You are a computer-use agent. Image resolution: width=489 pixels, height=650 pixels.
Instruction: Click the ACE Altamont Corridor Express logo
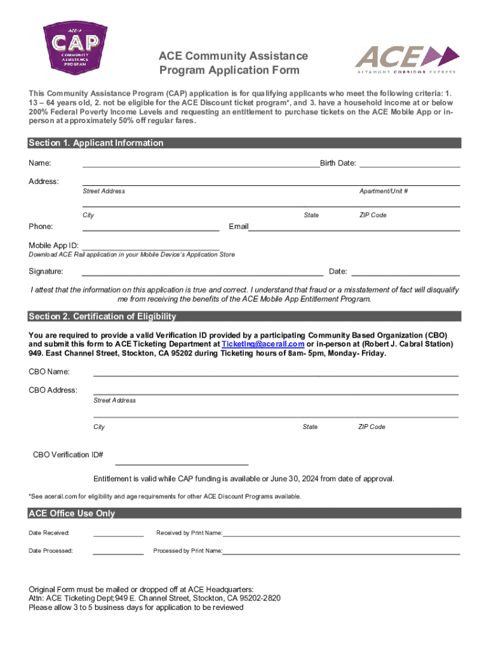(405, 59)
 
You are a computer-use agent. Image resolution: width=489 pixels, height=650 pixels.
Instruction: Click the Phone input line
(151, 229)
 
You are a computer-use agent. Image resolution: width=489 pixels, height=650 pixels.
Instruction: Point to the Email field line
(354, 229)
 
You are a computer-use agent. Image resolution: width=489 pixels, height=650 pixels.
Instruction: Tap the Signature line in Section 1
(203, 274)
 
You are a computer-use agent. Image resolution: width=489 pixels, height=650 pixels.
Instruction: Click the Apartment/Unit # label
(384, 191)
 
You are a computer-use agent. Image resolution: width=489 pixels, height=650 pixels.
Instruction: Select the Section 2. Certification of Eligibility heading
(102, 317)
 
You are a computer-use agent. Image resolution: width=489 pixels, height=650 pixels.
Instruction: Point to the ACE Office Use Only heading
(72, 514)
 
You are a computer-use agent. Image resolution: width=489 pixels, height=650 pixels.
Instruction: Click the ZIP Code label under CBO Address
(372, 427)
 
